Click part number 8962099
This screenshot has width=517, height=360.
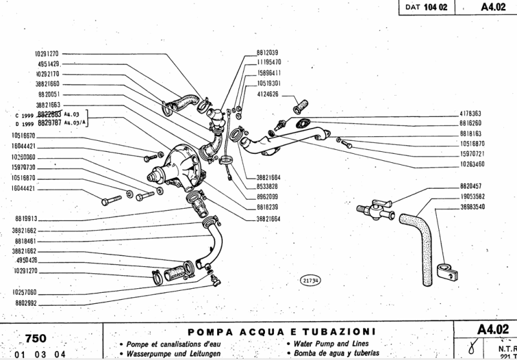click(x=264, y=196)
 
